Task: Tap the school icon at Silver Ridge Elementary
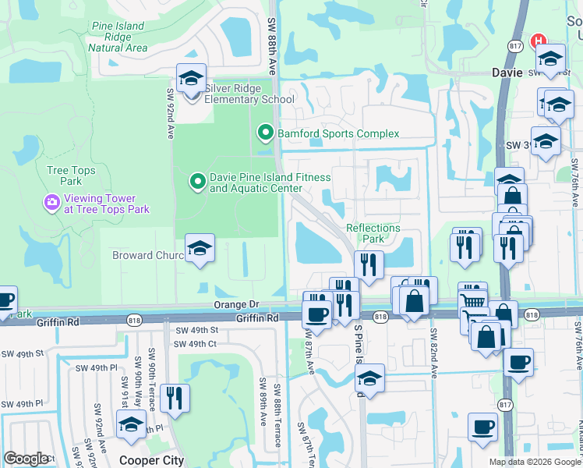pyautogui.click(x=191, y=78)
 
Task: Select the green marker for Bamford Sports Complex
pyautogui.click(x=265, y=133)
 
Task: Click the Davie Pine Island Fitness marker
pyautogui.click(x=197, y=183)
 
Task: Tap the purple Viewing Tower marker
pyautogui.click(x=52, y=204)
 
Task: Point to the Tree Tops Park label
pyautogui.click(x=71, y=175)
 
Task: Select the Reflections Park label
pyautogui.click(x=373, y=233)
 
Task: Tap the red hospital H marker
pyautogui.click(x=538, y=41)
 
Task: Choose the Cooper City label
pyautogui.click(x=151, y=460)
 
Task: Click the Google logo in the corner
pyautogui.click(x=26, y=459)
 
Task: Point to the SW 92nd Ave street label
pyautogui.click(x=168, y=113)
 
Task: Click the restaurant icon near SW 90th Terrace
pyautogui.click(x=174, y=397)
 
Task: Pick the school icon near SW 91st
pyautogui.click(x=130, y=424)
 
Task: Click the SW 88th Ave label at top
pyautogui.click(x=272, y=47)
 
